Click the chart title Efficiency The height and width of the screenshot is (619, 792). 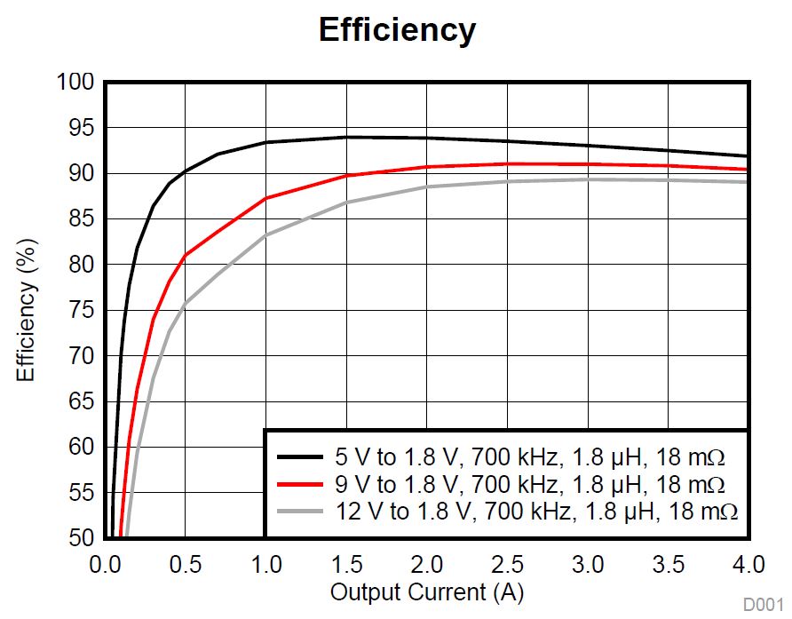[397, 30]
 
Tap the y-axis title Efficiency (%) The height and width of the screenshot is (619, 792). [26, 307]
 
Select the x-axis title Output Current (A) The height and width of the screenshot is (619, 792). [426, 591]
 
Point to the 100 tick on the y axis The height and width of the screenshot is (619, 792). [75, 83]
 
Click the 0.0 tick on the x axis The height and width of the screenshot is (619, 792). [105, 565]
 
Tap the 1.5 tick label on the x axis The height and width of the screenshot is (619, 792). [346, 565]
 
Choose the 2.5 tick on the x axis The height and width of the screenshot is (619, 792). [507, 565]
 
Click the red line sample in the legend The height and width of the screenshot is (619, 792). [299, 485]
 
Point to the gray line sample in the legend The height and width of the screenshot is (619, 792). [299, 512]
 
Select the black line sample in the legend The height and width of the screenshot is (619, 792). [299, 458]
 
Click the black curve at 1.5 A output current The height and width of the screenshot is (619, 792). [346, 137]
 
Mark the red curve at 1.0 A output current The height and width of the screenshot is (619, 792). [265, 198]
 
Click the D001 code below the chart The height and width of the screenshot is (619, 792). [763, 605]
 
